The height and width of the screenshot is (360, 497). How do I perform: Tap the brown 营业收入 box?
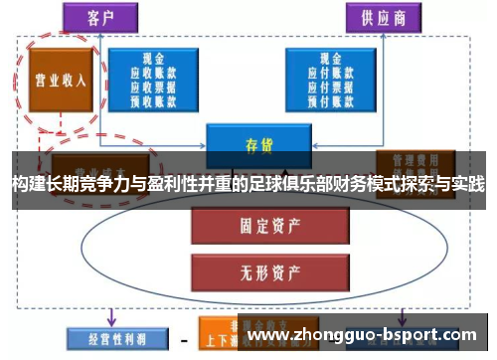pyautogui.click(x=61, y=80)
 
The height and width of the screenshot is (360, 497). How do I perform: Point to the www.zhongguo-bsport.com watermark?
pyautogui.click(x=368, y=336)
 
